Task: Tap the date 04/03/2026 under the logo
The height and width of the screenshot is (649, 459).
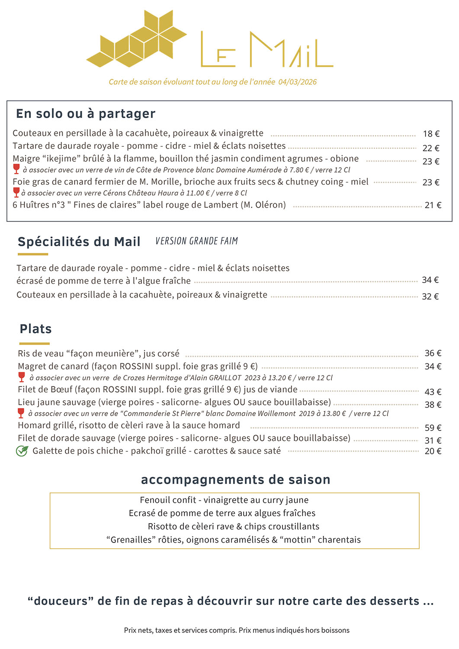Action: [x=297, y=82]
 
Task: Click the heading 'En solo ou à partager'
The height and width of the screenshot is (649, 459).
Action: [x=86, y=113]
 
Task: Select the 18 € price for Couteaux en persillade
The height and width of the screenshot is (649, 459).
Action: [x=431, y=134]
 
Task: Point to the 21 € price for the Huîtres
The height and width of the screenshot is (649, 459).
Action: [x=433, y=205]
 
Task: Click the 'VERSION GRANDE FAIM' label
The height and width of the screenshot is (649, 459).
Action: [x=196, y=241]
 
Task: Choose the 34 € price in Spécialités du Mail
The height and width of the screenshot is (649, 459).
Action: [x=430, y=280]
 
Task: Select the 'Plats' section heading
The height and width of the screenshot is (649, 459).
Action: [x=36, y=329]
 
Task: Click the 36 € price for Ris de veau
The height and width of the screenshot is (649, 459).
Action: [x=433, y=353]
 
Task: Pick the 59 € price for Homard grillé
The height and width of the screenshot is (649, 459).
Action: [x=433, y=428]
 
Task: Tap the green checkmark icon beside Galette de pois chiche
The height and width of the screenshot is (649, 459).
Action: [x=22, y=451]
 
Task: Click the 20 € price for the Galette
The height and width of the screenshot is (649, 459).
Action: [x=433, y=451]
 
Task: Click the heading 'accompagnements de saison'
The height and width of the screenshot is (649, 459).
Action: [x=235, y=479]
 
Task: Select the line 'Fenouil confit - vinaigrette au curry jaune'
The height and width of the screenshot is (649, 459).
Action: [x=224, y=500]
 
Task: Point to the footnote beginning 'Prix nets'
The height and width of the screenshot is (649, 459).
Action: [x=237, y=630]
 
